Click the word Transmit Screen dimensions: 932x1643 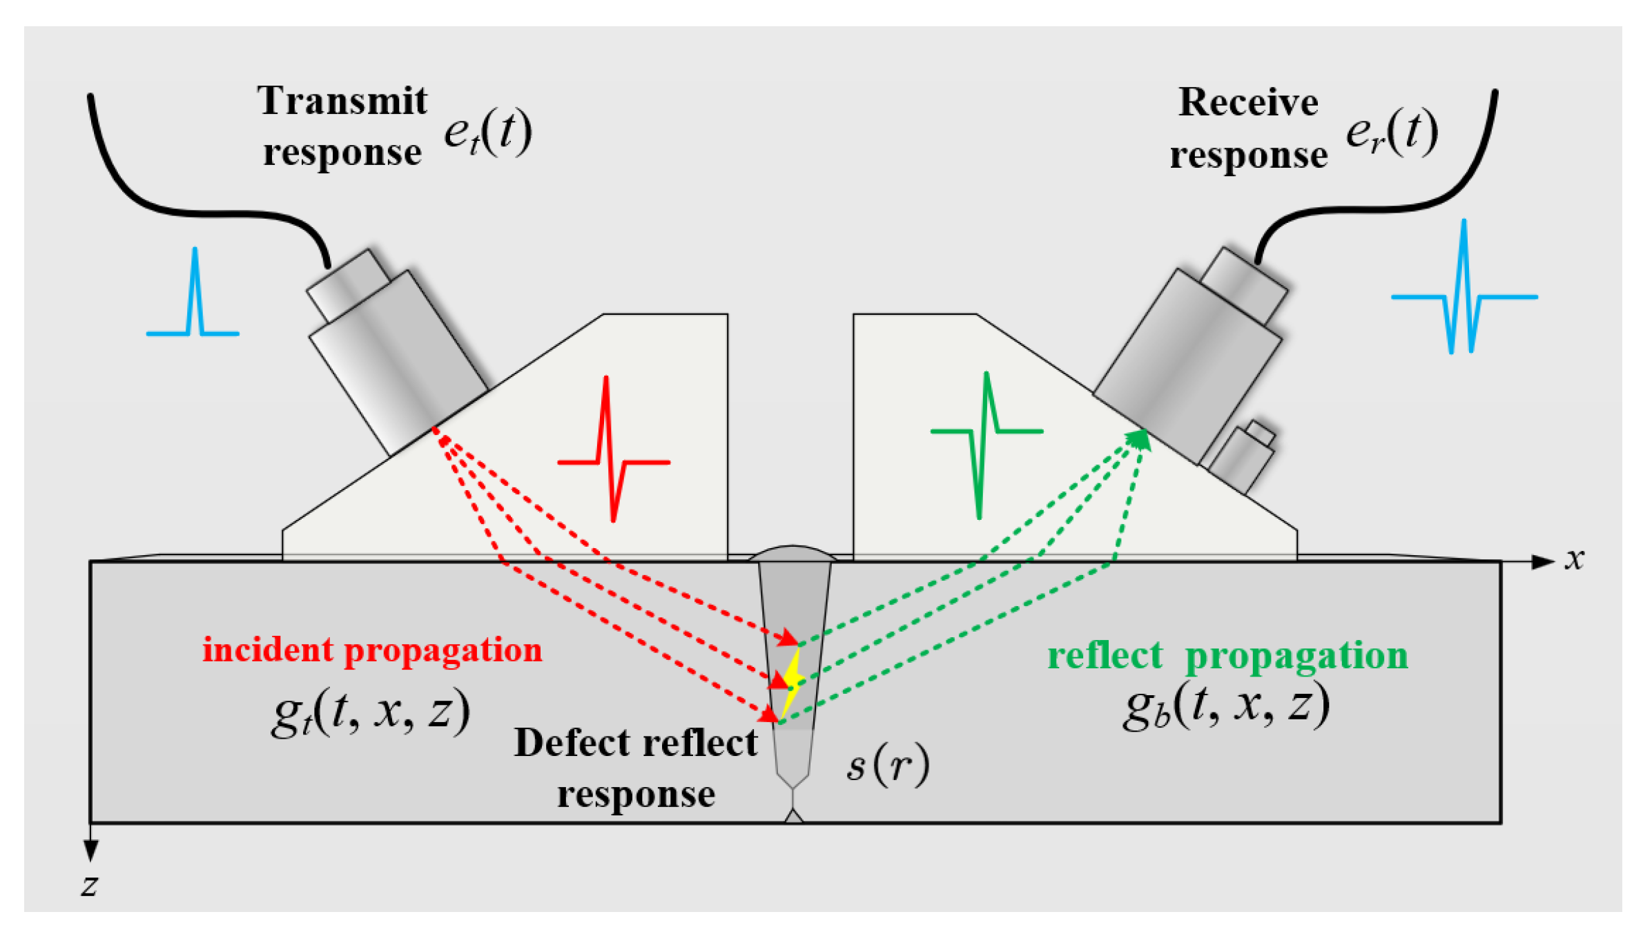tap(342, 101)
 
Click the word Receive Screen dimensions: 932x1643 tap(1247, 103)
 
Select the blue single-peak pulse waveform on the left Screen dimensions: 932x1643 tap(194, 304)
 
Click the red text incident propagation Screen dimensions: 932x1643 tap(372, 650)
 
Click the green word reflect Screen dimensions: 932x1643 tap(1105, 655)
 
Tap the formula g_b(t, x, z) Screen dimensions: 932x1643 tap(1226, 706)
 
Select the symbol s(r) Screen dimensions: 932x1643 tap(888, 765)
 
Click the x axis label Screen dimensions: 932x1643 tap(1574, 559)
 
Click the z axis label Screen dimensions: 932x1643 tap(89, 884)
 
